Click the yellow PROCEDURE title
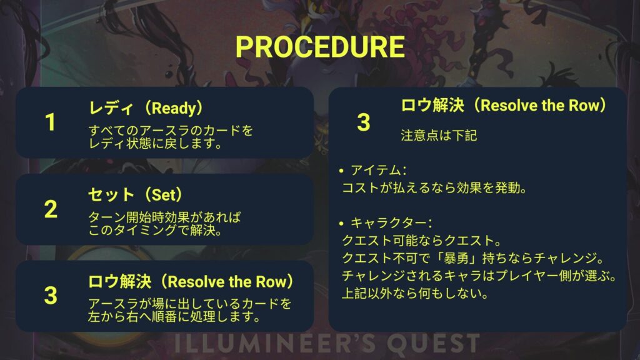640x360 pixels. click(x=320, y=47)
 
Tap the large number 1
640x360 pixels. click(x=50, y=122)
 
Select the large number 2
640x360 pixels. click(x=51, y=209)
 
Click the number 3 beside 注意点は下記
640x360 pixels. click(x=363, y=122)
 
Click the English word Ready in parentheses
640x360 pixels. click(x=174, y=109)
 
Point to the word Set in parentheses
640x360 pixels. click(x=164, y=195)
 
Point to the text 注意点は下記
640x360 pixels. click(x=439, y=136)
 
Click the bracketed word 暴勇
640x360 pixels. click(x=456, y=258)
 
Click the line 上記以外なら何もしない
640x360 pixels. click(x=415, y=294)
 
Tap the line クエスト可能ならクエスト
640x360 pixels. click(x=422, y=241)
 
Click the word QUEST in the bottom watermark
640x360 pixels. click(x=433, y=343)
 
